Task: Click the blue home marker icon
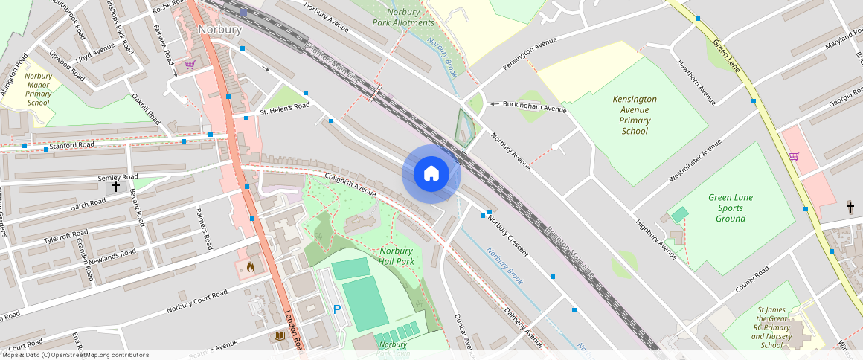(x=431, y=174)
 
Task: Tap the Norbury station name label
(x=220, y=30)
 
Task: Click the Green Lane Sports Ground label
(x=731, y=208)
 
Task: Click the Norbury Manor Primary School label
(x=38, y=89)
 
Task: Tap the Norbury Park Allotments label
(x=403, y=17)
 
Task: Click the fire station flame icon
(x=250, y=266)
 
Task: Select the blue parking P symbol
(x=337, y=309)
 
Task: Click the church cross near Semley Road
(x=116, y=187)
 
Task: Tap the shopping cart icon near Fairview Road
(x=190, y=65)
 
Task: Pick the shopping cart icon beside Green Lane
(x=794, y=156)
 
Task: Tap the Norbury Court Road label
(x=197, y=300)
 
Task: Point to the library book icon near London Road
(x=279, y=336)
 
